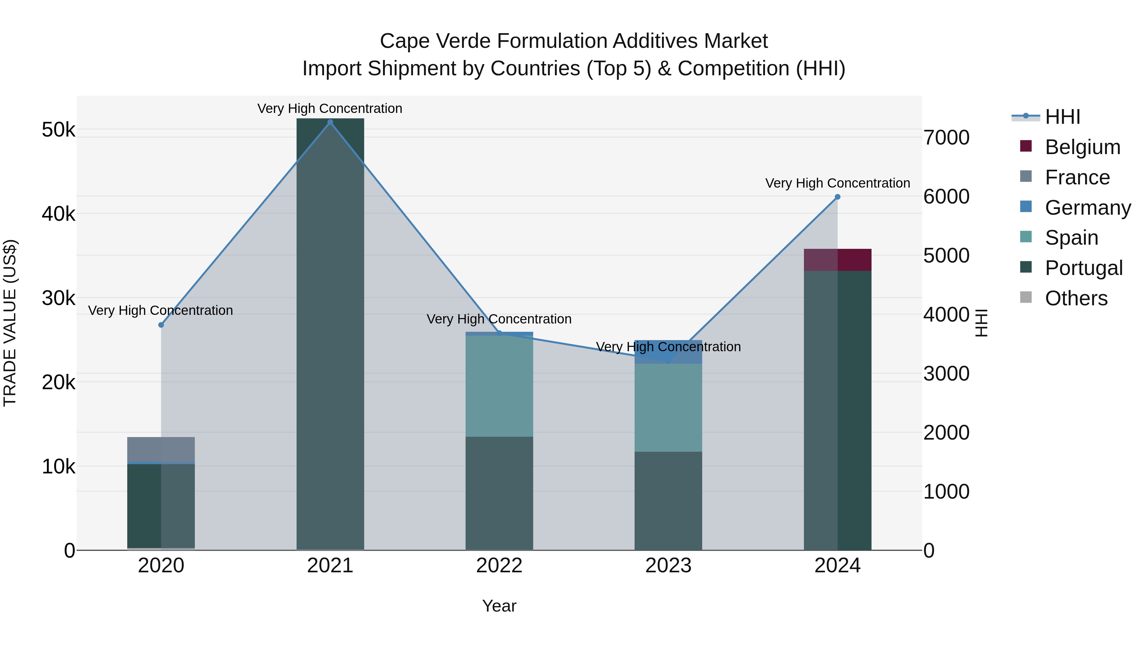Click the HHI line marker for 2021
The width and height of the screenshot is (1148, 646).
[x=330, y=122]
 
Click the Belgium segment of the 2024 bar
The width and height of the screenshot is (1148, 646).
[x=837, y=260]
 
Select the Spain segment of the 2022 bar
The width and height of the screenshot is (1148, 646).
[x=499, y=386]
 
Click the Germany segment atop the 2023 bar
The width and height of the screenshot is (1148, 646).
[x=668, y=352]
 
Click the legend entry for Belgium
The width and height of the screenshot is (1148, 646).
[x=1082, y=147]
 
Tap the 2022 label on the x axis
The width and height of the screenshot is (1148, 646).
[x=499, y=566]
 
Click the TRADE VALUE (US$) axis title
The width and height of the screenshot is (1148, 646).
[x=10, y=323]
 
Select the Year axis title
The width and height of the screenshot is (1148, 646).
[x=499, y=606]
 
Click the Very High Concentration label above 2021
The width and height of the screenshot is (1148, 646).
[x=330, y=108]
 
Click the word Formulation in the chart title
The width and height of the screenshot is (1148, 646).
[x=552, y=41]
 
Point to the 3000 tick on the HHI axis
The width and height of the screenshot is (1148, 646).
[x=946, y=374]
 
